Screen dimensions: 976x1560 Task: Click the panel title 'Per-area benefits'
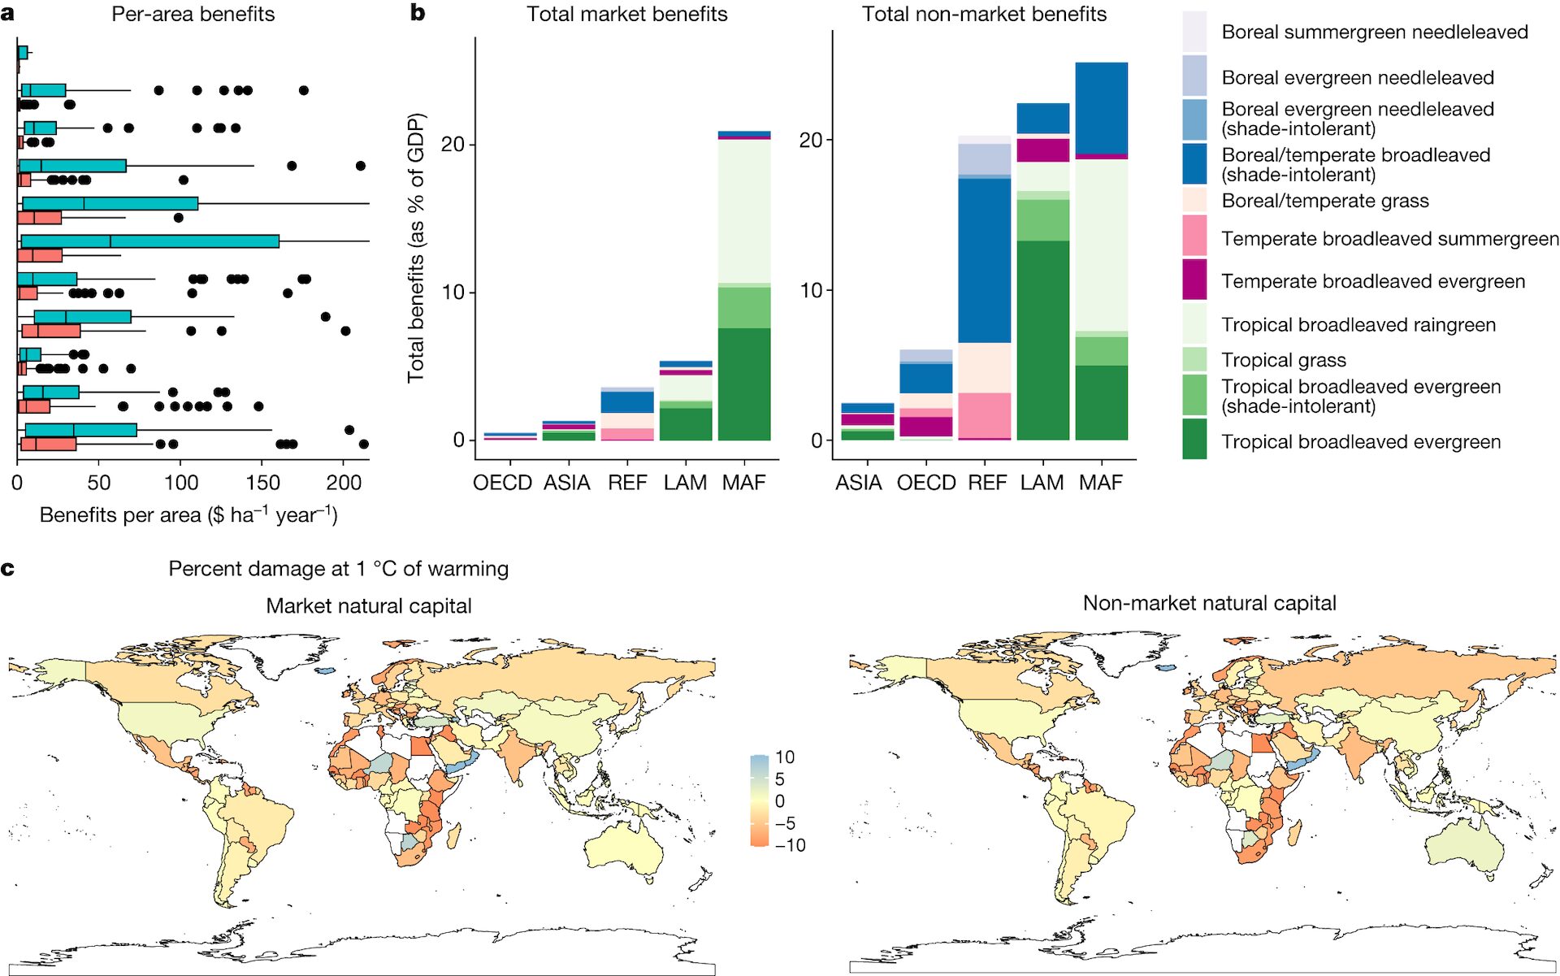point(193,14)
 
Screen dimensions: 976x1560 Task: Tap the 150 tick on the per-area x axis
point(262,483)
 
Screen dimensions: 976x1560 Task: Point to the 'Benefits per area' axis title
point(188,515)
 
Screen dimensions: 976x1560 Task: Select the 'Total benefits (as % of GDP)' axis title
point(416,248)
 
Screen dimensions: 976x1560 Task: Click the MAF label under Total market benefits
point(743,483)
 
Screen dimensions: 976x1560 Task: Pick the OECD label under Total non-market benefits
point(926,483)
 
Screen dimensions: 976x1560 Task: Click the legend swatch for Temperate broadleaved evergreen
point(1194,280)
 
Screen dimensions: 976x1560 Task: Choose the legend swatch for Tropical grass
point(1194,359)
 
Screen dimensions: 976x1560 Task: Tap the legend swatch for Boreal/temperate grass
point(1194,201)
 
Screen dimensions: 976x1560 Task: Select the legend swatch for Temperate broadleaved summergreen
point(1194,236)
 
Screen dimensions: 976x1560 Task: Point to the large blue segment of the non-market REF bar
point(984,260)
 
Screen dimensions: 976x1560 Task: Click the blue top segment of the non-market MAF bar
point(1101,107)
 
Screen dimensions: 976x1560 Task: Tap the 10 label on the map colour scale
point(785,757)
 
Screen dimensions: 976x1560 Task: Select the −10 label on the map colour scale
point(790,845)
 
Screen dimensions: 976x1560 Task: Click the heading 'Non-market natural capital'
point(1209,603)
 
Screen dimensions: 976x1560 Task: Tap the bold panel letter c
point(8,568)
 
